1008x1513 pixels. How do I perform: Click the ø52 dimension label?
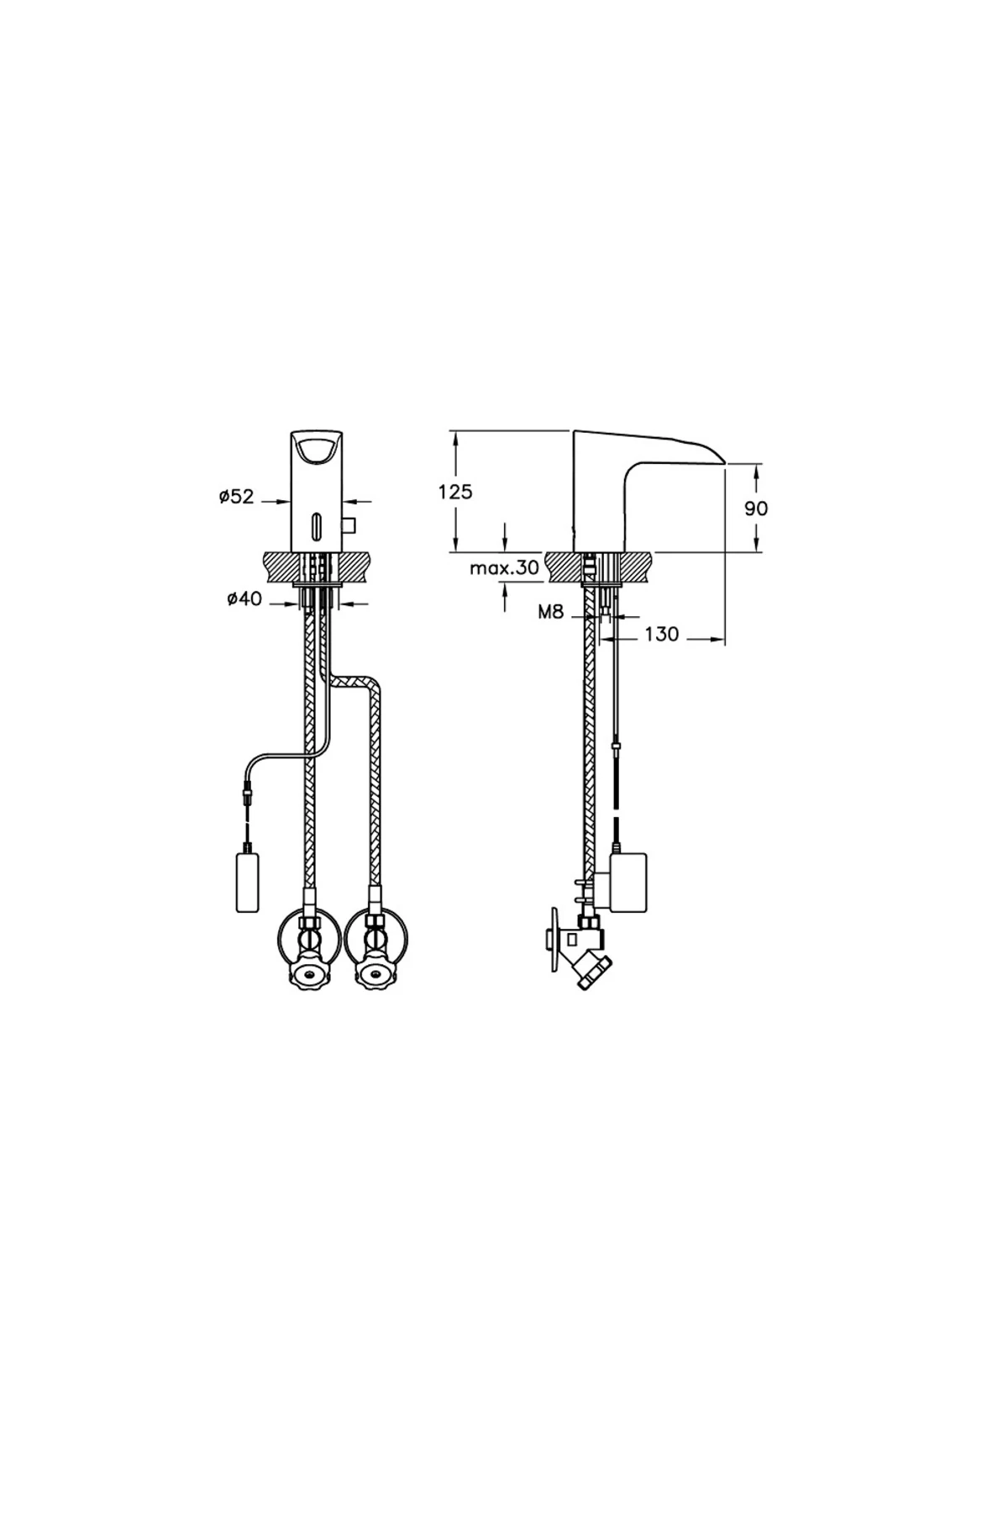tap(237, 497)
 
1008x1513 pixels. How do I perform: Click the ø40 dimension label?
tap(244, 598)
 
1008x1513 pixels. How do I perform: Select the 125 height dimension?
tap(455, 492)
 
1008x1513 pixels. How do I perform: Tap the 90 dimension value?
tap(756, 509)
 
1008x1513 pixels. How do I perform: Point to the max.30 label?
tap(504, 568)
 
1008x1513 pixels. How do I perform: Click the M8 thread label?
tap(550, 613)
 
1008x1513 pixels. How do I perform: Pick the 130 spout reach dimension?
tap(662, 634)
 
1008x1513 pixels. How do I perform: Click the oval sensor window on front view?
tap(317, 526)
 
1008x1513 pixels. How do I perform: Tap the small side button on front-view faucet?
tap(350, 526)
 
